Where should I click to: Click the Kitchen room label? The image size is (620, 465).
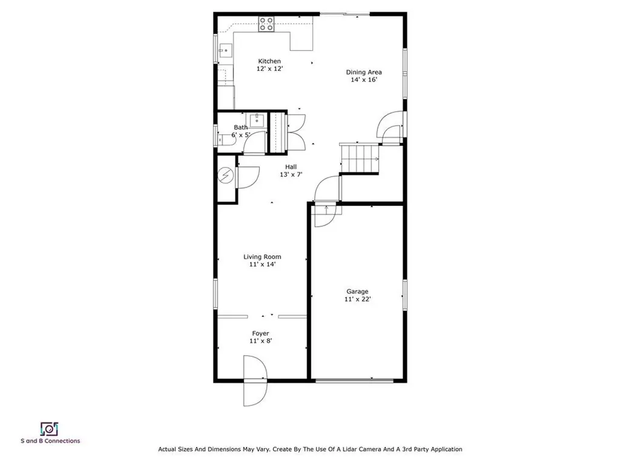269,61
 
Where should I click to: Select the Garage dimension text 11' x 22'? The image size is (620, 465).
357,299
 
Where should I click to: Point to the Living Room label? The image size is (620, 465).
262,257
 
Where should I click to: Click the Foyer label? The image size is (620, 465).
260,334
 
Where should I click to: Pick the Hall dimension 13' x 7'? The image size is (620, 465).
291,174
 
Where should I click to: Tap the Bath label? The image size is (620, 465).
241,127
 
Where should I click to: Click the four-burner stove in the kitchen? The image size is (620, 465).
266,24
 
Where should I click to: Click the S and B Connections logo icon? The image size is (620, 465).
48,429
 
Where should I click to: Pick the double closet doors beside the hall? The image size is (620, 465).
297,131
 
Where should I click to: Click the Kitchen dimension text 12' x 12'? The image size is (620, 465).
269,69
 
